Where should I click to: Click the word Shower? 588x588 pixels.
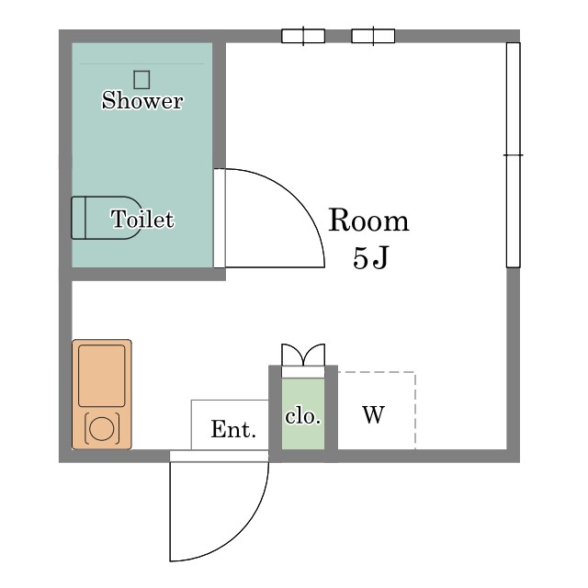(x=142, y=100)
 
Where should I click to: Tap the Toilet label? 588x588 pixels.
(x=142, y=219)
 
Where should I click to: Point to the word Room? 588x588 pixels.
(x=368, y=220)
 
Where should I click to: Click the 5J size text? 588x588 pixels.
(x=370, y=258)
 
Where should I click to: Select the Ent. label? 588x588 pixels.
(x=233, y=429)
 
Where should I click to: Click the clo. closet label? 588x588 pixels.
(x=303, y=416)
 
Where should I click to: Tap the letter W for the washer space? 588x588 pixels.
(x=374, y=414)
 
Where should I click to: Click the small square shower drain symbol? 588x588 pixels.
(x=141, y=80)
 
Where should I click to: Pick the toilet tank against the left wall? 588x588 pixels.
(x=79, y=218)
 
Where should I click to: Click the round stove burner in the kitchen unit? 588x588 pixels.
(x=102, y=429)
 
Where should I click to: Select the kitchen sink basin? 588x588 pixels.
(x=102, y=376)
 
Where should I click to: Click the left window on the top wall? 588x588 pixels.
(x=303, y=36)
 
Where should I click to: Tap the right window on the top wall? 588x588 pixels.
(x=373, y=36)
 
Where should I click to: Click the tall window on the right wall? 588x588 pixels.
(x=514, y=155)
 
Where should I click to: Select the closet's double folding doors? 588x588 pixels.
(x=303, y=355)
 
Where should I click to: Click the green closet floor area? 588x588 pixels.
(x=303, y=413)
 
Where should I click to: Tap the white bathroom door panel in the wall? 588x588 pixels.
(x=220, y=219)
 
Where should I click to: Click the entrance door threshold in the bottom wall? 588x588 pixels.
(x=220, y=457)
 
